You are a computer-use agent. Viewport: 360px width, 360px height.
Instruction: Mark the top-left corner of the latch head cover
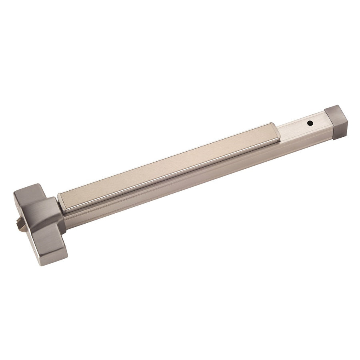[x=16, y=194]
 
